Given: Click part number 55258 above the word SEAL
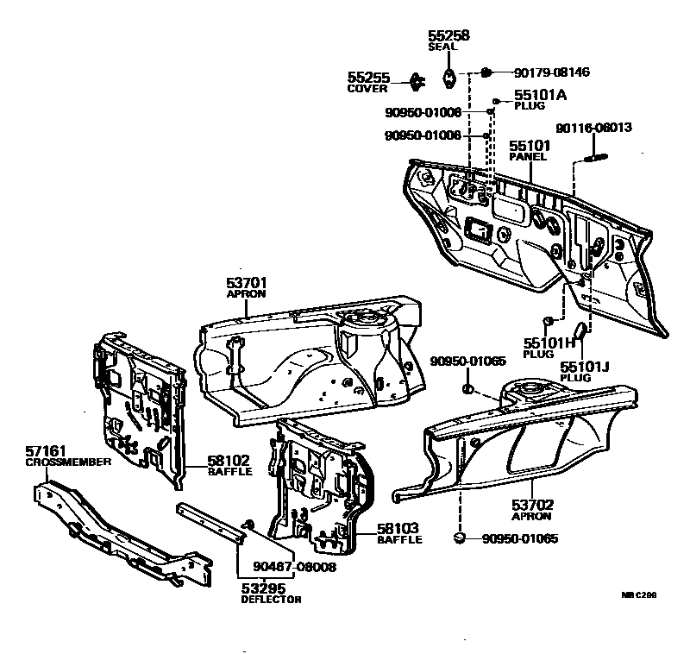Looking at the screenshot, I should click(x=448, y=35).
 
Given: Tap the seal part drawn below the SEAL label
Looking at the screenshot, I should click(x=449, y=78).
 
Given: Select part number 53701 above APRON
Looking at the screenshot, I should click(x=247, y=282).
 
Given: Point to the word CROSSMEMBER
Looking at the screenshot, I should click(x=68, y=462).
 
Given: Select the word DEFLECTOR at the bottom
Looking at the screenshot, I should click(x=271, y=600).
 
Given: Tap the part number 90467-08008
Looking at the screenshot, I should click(x=294, y=567).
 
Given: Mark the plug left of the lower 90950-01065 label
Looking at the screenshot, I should click(x=461, y=538).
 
